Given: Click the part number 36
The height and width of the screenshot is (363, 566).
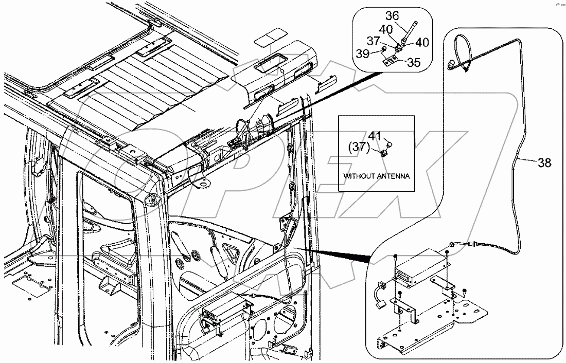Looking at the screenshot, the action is click(393, 16).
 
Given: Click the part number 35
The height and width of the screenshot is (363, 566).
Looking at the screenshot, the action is click(414, 62).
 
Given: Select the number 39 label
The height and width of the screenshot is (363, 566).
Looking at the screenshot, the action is click(363, 53).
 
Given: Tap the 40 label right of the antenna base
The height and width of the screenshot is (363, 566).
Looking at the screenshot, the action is click(422, 43).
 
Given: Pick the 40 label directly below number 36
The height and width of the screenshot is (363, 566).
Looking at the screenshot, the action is click(386, 29).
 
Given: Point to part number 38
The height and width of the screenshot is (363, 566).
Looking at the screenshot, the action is click(545, 163).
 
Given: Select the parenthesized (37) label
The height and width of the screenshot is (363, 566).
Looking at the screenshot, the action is click(359, 147).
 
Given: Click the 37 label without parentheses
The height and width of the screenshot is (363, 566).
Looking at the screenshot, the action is click(374, 41).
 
